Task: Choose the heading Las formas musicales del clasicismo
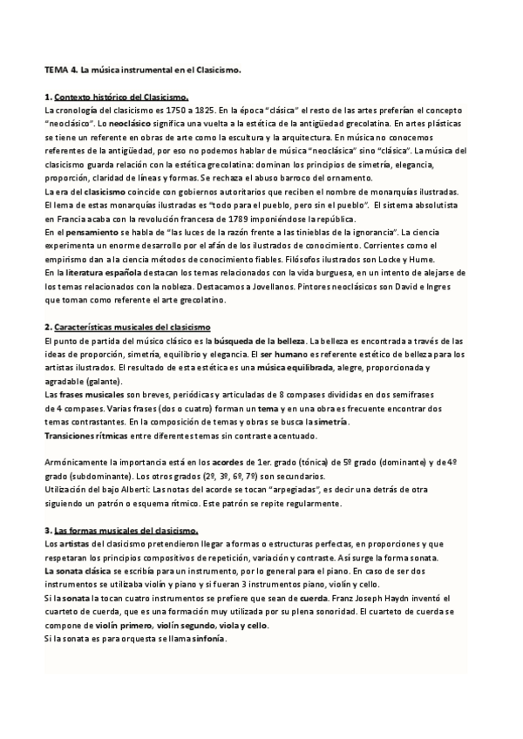coord(126,531)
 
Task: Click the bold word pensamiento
coord(85,233)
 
